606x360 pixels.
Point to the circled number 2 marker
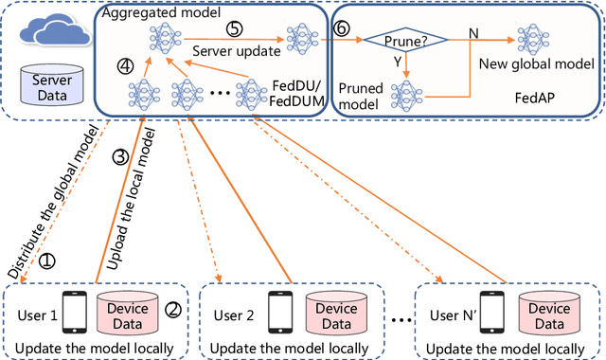(x=173, y=308)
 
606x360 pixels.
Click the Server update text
(x=236, y=48)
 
